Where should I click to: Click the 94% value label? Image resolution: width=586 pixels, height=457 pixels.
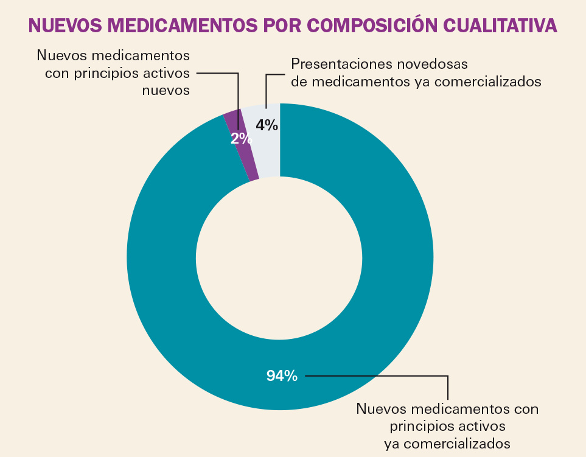(x=282, y=376)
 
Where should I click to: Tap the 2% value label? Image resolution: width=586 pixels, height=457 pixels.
(x=240, y=139)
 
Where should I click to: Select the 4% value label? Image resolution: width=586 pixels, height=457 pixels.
(x=267, y=125)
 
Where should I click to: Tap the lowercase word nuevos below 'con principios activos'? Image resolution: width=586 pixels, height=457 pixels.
(x=166, y=90)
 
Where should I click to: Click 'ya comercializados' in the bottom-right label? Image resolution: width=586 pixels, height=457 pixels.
(x=447, y=442)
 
